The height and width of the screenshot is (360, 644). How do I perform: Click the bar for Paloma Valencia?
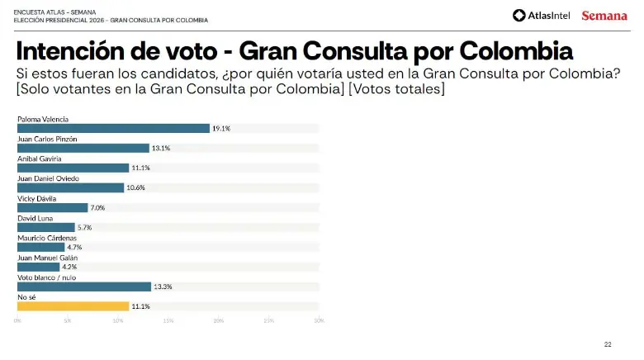pyautogui.click(x=113, y=128)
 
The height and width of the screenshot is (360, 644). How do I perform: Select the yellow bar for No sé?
pyautogui.click(x=73, y=306)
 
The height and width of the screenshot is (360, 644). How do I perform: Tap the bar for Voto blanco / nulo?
pyautogui.click(x=83, y=287)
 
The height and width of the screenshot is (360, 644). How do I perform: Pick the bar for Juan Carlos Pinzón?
pyautogui.click(x=83, y=148)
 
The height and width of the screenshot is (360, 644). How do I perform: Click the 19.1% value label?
pyautogui.click(x=220, y=129)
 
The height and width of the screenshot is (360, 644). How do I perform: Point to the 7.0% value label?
pyautogui.click(x=97, y=208)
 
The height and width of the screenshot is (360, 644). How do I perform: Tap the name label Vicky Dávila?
pyautogui.click(x=37, y=198)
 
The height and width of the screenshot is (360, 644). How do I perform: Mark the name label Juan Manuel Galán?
pyautogui.click(x=47, y=258)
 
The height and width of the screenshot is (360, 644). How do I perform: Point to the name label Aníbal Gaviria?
pyautogui.click(x=40, y=158)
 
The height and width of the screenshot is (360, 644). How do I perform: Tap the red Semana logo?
pyautogui.click(x=604, y=16)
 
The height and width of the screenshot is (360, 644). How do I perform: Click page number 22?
pyautogui.click(x=608, y=343)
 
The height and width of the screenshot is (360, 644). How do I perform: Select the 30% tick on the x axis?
pyautogui.click(x=319, y=320)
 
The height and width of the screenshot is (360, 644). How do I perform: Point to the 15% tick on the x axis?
pyautogui.click(x=168, y=320)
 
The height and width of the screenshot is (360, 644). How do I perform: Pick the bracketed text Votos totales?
pyautogui.click(x=397, y=89)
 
